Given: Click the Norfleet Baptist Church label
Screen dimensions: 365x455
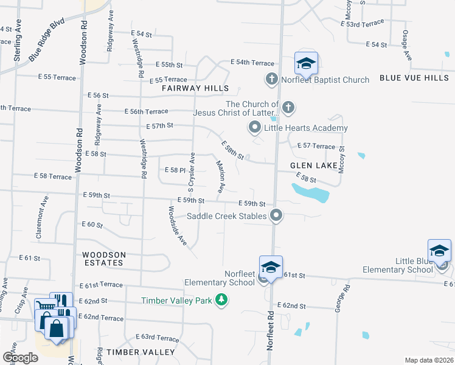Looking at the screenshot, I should pyautogui.click(x=325, y=80).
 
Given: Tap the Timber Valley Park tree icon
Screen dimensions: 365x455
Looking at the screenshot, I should pyautogui.click(x=222, y=300).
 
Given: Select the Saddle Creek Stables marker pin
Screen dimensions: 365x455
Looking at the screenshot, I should pyautogui.click(x=277, y=215).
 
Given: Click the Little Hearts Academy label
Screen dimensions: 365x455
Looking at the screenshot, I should pyautogui.click(x=305, y=128).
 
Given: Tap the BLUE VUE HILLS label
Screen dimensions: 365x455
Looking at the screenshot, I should pyautogui.click(x=414, y=78).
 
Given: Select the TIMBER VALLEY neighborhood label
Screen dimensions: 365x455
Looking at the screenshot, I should pyautogui.click(x=141, y=352).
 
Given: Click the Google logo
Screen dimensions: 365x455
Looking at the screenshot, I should pyautogui.click(x=21, y=357).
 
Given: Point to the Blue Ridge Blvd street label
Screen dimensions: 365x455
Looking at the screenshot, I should pyautogui.click(x=46, y=43).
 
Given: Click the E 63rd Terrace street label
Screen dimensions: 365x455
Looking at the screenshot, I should pyautogui.click(x=156, y=337).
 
